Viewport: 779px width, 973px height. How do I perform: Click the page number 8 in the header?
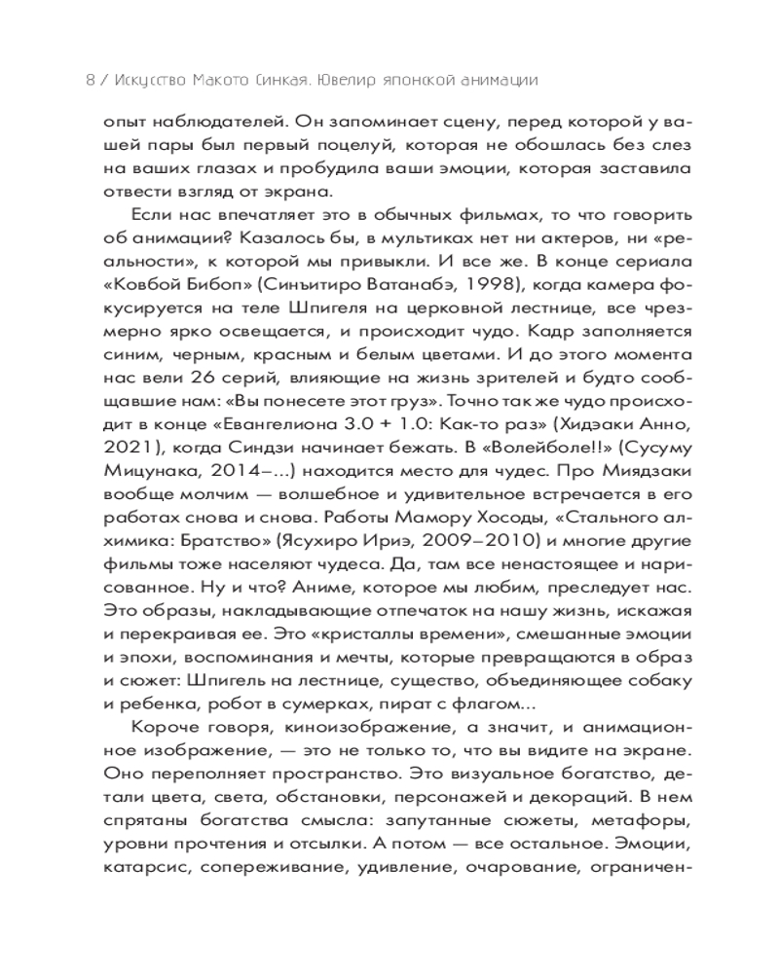pyautogui.click(x=90, y=81)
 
